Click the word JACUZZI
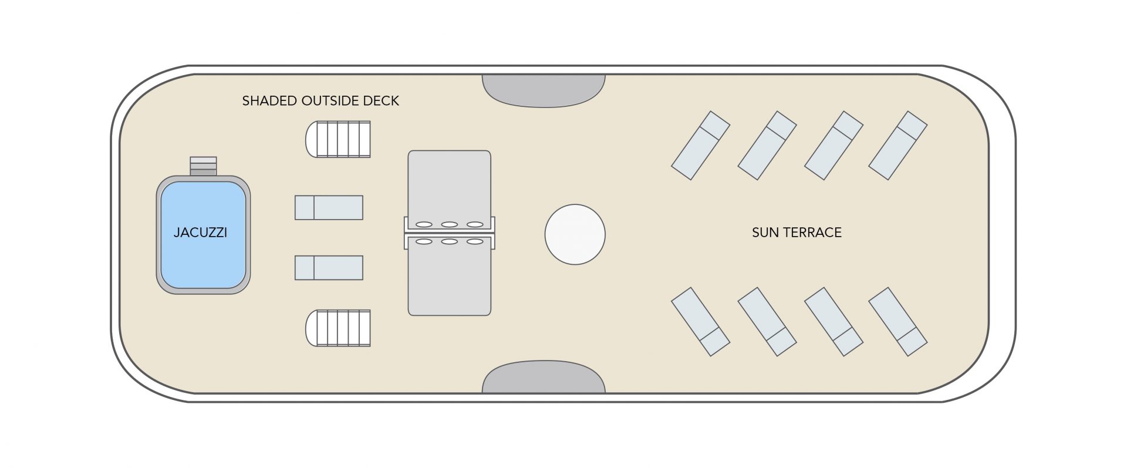[x=200, y=233]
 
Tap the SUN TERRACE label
[x=797, y=233]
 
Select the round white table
[x=575, y=234]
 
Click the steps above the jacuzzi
[x=203, y=166]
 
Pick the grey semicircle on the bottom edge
[x=544, y=378]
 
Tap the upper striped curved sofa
[x=338, y=139]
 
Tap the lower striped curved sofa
[x=338, y=328]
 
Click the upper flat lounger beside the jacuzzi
[x=329, y=208]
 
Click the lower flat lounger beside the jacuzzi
[x=329, y=268]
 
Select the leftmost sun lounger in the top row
[x=700, y=146]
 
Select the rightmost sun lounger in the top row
[x=897, y=146]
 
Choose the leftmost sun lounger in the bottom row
[x=700, y=321]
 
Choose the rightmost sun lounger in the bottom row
[x=897, y=321]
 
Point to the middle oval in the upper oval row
[x=450, y=224]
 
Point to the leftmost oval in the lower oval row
[x=424, y=241]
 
